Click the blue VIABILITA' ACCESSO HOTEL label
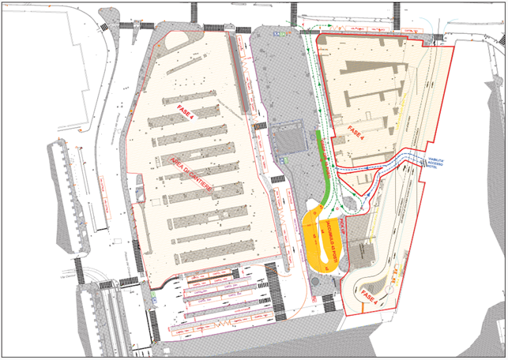point(438,162)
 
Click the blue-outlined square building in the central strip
point(288,137)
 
